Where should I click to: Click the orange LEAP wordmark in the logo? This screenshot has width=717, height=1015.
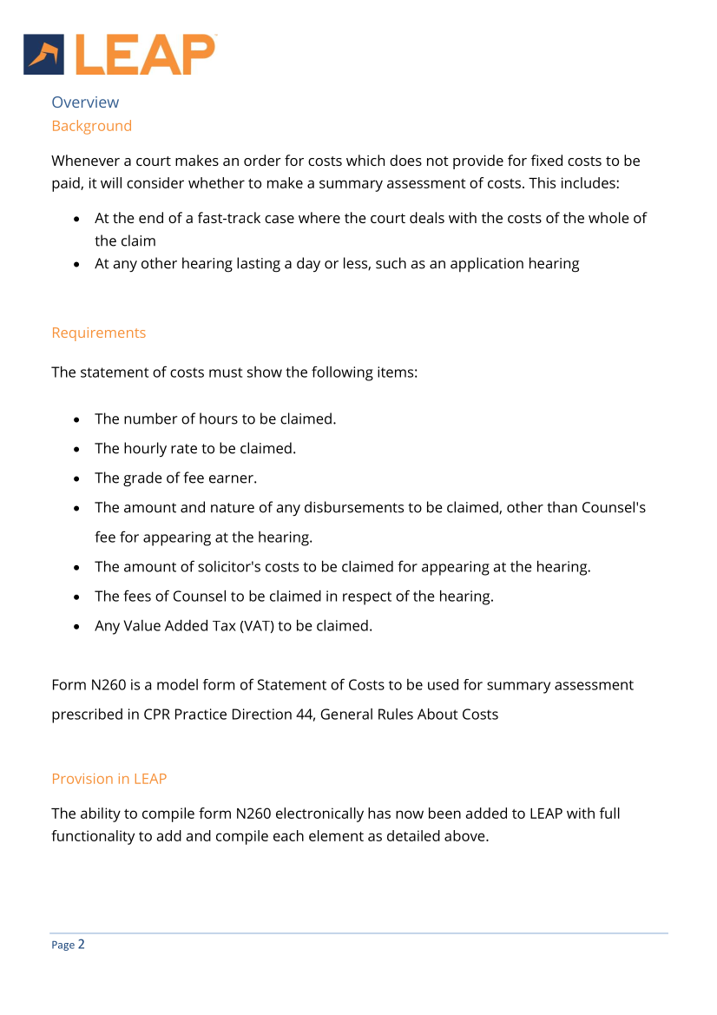[x=145, y=55]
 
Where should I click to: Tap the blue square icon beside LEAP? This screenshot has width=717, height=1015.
[x=44, y=55]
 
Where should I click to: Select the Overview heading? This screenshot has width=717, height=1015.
[x=85, y=102]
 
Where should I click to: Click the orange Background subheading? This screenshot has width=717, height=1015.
[x=91, y=126]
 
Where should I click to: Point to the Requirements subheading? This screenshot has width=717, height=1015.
[x=98, y=333]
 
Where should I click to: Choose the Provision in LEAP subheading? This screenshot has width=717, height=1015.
[x=109, y=779]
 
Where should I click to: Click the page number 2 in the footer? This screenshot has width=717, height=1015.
[x=82, y=944]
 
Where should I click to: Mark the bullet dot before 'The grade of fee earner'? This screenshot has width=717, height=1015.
[x=78, y=478]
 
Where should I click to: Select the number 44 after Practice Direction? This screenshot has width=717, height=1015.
[x=300, y=715]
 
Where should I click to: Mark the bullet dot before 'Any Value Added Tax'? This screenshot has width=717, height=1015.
[x=78, y=626]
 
